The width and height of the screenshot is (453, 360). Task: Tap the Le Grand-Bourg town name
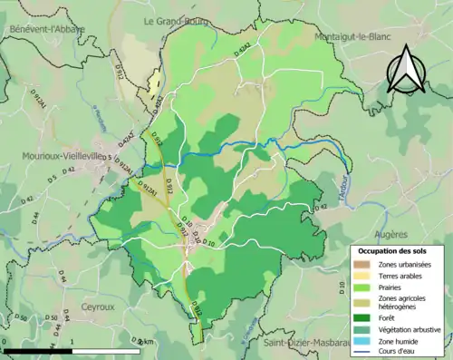[x=178, y=20]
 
